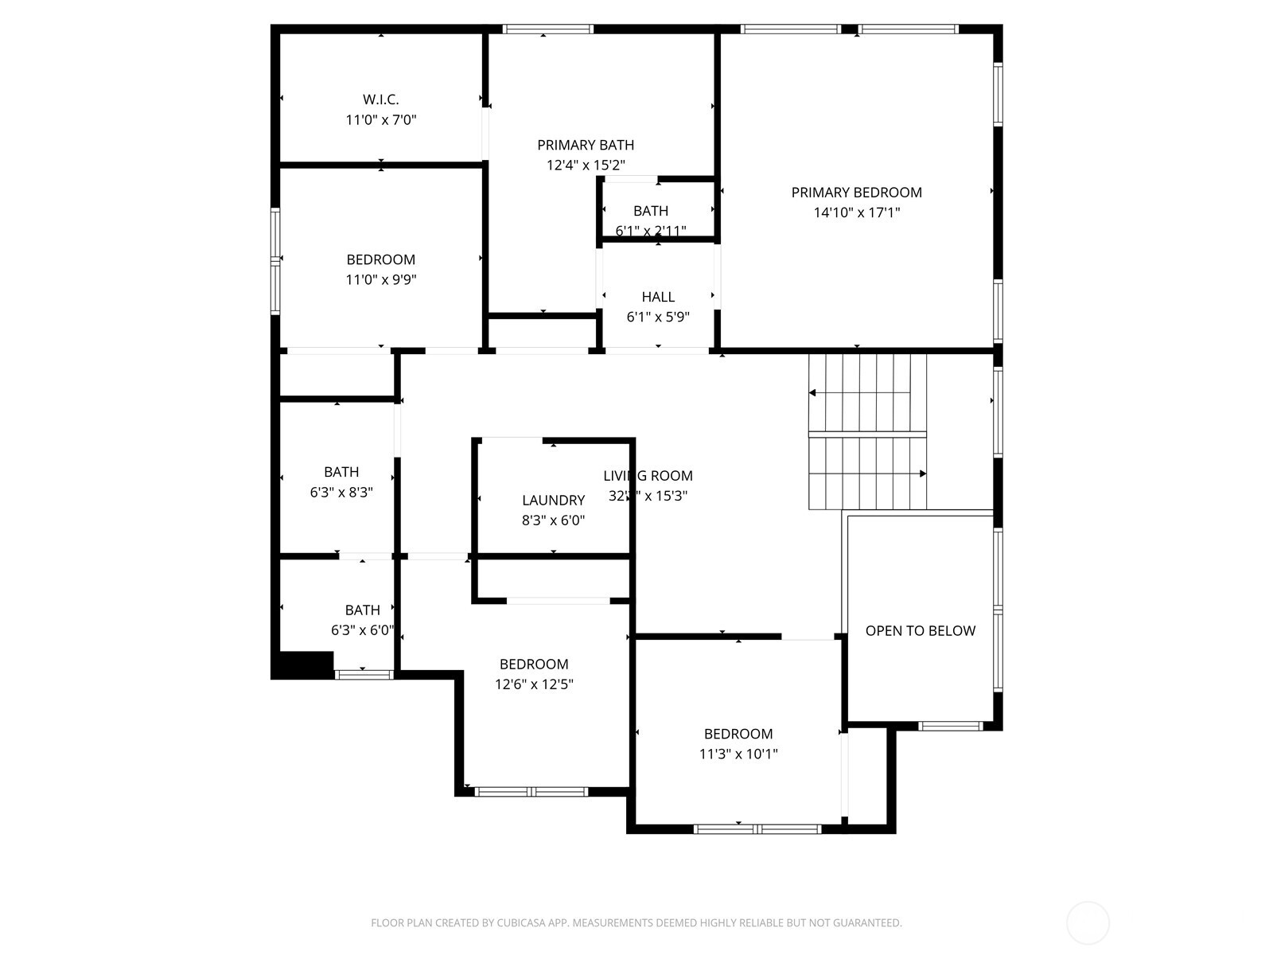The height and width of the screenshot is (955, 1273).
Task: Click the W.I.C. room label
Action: tap(380, 99)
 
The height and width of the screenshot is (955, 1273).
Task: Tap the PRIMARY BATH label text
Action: tap(586, 145)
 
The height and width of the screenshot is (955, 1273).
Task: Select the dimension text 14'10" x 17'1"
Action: tap(856, 212)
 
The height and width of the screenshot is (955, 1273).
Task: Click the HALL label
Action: tap(658, 297)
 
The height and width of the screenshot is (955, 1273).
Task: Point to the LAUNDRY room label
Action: tap(553, 501)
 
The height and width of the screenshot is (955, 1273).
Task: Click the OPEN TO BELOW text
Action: tap(920, 631)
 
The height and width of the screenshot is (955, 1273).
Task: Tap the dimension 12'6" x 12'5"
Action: tap(534, 684)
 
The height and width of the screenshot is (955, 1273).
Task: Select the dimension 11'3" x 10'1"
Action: tap(738, 754)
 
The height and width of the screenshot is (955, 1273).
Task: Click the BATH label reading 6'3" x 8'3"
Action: tap(341, 472)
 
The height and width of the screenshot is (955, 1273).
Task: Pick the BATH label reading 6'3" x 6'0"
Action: tap(362, 610)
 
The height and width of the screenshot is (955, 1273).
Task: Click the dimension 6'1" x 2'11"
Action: tap(651, 231)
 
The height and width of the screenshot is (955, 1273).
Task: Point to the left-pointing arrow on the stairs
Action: tap(813, 392)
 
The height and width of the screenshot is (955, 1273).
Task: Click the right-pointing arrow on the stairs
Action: tap(922, 474)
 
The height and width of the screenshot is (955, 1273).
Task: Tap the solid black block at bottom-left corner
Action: tap(302, 665)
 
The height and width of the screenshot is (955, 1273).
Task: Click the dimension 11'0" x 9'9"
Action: tap(380, 279)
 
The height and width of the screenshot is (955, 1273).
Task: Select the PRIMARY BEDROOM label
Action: tap(856, 193)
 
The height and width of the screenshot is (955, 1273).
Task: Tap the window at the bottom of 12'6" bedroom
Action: tap(531, 791)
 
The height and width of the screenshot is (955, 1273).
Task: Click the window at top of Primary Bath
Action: tap(548, 29)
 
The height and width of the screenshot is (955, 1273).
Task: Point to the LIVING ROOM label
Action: tap(648, 476)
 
